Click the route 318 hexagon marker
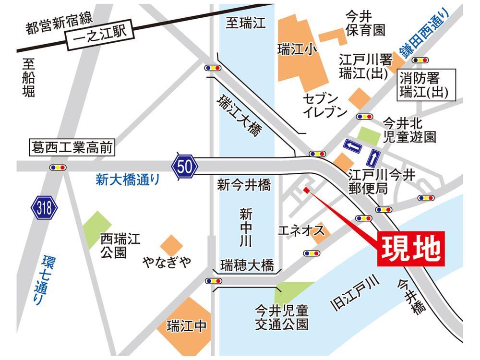(45, 208)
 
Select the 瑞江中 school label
(186, 327)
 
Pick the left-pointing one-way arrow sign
(353, 145)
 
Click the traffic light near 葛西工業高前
(58, 168)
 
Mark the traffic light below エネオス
(312, 252)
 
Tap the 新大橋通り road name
(127, 180)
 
